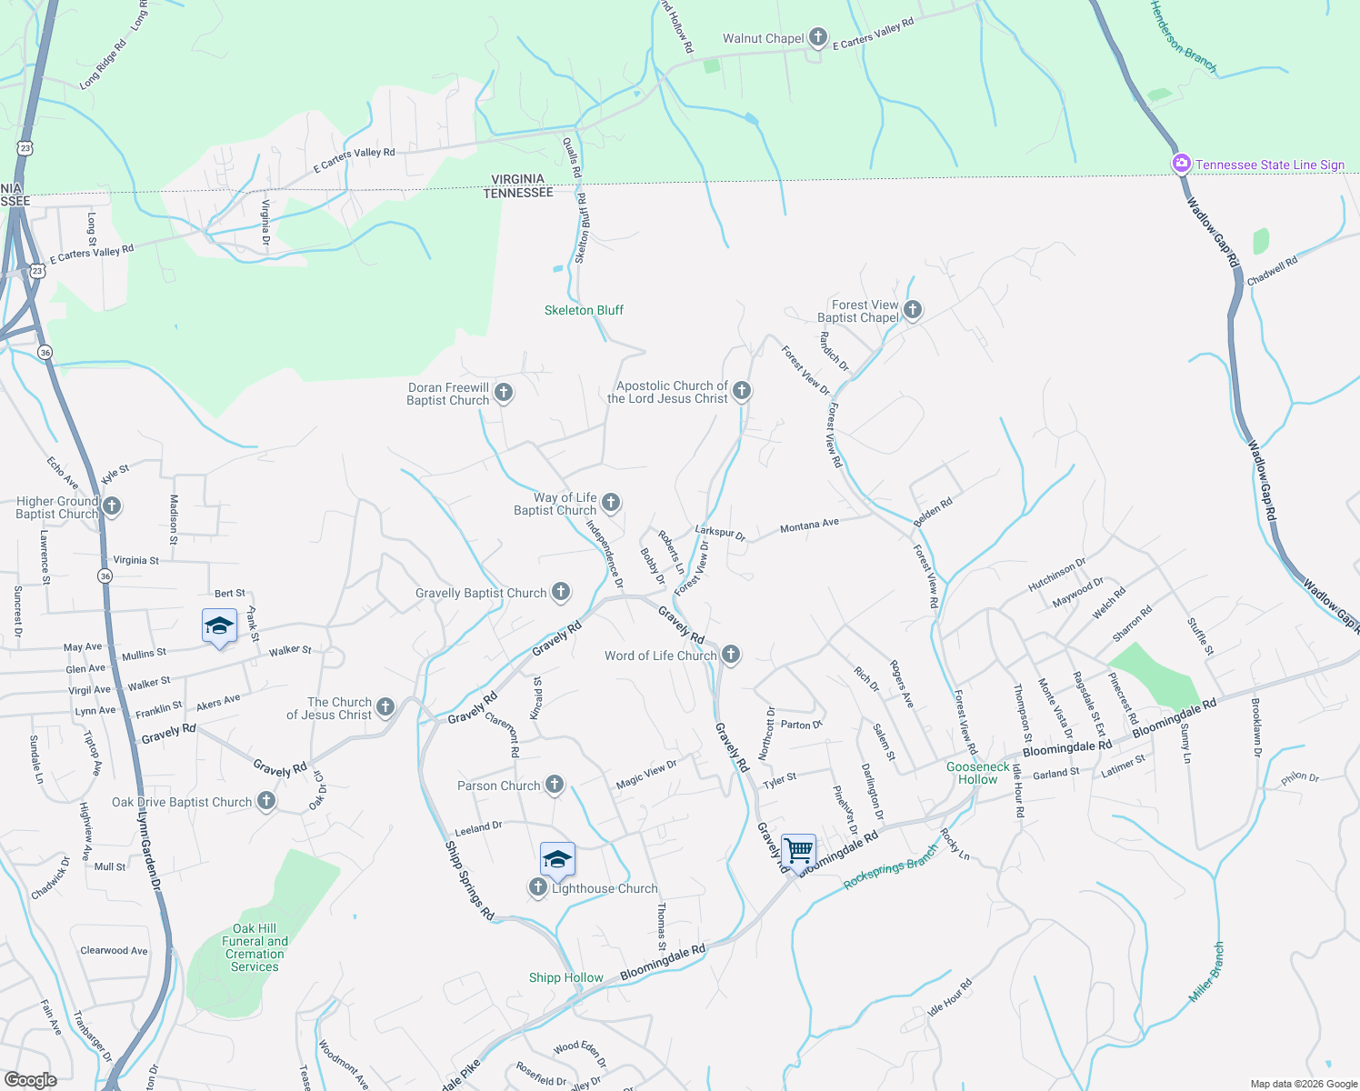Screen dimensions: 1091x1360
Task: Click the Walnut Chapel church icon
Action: (818, 37)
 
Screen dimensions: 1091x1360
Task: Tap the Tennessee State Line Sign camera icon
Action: (1181, 164)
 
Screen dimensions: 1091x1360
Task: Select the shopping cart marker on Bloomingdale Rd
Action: (798, 852)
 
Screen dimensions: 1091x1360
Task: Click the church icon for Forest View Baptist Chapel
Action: (912, 311)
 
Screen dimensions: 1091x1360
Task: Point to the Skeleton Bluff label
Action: (584, 310)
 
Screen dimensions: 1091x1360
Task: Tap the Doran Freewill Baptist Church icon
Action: (503, 393)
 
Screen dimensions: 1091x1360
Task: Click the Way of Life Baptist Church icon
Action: (611, 502)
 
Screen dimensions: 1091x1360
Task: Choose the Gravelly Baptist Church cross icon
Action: (561, 593)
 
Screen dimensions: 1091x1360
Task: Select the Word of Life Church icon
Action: (730, 655)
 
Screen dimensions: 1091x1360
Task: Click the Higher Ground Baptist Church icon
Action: (112, 506)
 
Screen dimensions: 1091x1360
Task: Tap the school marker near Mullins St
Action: (219, 626)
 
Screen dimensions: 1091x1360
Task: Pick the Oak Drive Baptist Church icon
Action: (265, 801)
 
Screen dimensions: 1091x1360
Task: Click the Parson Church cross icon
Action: (554, 785)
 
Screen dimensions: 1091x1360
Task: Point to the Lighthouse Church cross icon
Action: (538, 887)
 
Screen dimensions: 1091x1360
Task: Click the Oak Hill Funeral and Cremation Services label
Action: (255, 947)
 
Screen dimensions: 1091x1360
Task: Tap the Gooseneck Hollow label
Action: (977, 773)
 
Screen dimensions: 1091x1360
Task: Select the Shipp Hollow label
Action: (565, 977)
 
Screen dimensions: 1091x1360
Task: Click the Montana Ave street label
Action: (809, 525)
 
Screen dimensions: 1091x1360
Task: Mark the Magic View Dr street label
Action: (646, 775)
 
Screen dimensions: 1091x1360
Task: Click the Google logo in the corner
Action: (30, 1079)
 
